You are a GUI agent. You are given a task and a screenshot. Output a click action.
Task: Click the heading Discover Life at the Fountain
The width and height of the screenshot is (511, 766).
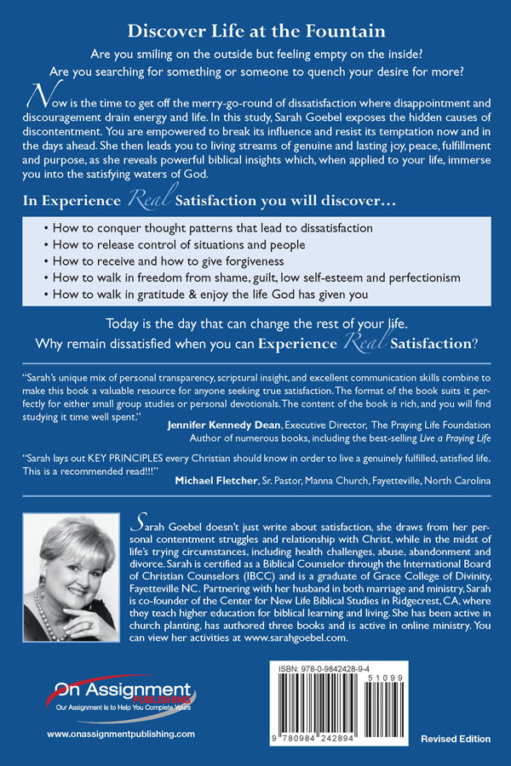pyautogui.click(x=255, y=31)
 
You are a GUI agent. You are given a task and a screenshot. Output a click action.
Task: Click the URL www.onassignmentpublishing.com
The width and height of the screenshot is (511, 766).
pyautogui.click(x=121, y=734)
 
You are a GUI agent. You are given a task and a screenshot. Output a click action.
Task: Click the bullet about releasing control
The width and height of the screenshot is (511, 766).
pyautogui.click(x=190, y=244)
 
